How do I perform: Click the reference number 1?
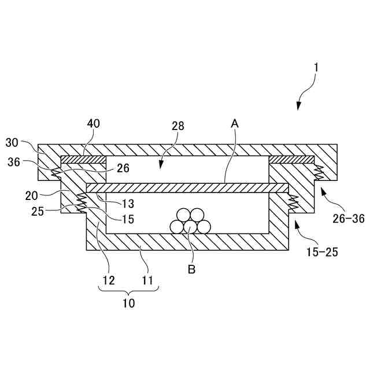[315, 68]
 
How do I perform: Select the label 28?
[179, 125]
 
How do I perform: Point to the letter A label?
[235, 123]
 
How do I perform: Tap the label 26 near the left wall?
[123, 168]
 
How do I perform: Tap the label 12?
[109, 280]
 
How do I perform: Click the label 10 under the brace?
[129, 303]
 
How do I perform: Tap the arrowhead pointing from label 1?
[298, 105]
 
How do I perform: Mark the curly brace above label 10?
[128, 291]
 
